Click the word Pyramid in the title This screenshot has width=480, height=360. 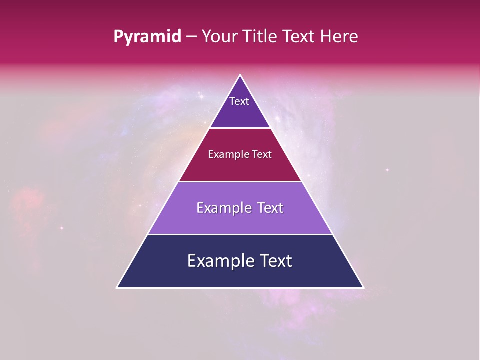tap(147, 37)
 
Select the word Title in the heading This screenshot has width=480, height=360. tap(263, 36)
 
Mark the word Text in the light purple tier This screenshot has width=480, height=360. tap(270, 208)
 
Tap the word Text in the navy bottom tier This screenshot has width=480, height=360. tap(276, 261)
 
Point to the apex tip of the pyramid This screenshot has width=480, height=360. tap(240, 75)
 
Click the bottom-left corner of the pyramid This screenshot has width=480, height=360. tap(117, 287)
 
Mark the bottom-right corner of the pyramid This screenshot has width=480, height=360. tap(363, 287)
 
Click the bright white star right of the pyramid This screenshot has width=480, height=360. tap(387, 170)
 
